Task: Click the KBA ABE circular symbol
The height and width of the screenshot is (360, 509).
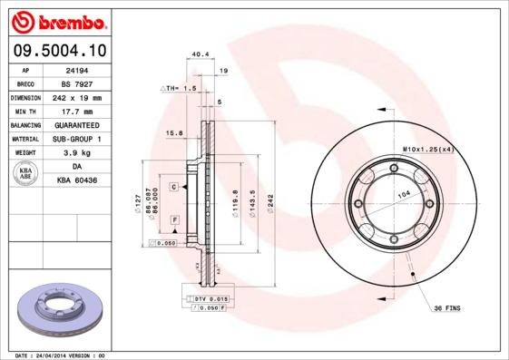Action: (x=26, y=174)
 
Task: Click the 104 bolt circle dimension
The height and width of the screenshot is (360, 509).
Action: (x=402, y=195)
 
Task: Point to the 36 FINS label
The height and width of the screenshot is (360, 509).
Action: (x=446, y=308)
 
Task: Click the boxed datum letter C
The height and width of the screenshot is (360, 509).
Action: (x=172, y=186)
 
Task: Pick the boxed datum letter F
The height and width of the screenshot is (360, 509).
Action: (x=173, y=220)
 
